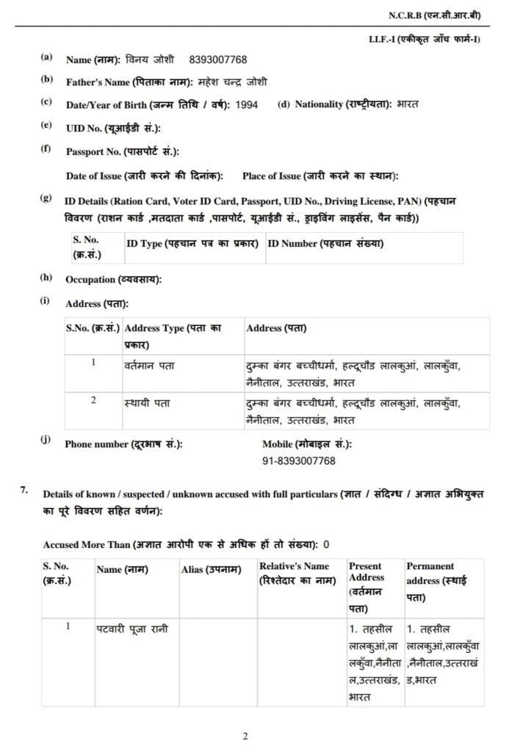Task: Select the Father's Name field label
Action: coord(129,82)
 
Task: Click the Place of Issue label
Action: coord(320,176)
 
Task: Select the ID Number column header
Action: coord(325,243)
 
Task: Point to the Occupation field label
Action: coord(114,280)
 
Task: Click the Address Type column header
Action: coord(173,336)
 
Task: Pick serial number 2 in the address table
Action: coord(93,400)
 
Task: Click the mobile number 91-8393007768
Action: coord(298,460)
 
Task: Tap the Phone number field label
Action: coord(123,444)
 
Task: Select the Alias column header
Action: coord(212,568)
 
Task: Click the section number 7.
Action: coord(24,490)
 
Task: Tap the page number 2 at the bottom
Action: coord(246,736)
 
